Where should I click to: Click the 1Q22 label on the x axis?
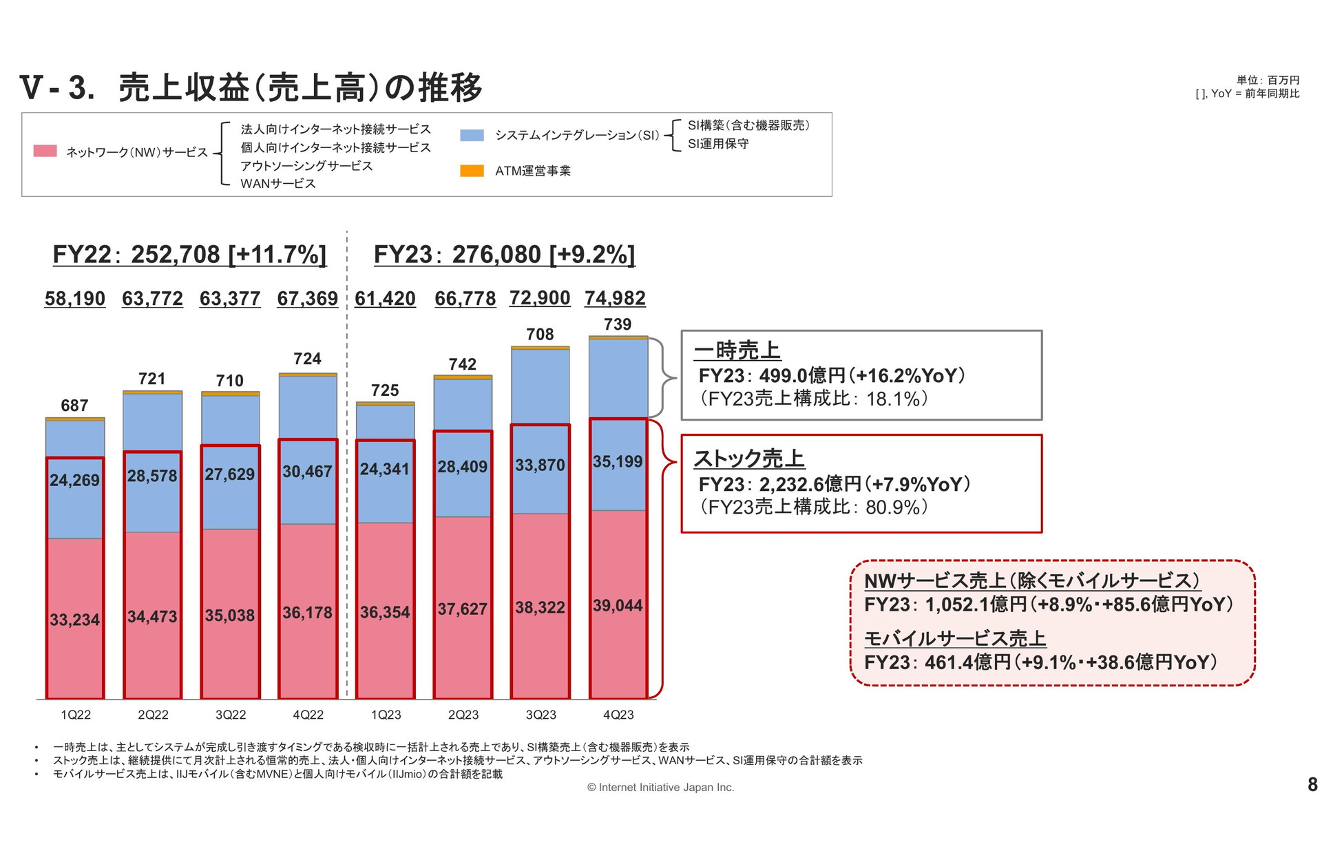(76, 715)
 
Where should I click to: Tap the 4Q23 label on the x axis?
(618, 715)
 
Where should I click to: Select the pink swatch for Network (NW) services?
(45, 151)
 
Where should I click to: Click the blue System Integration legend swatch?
(472, 135)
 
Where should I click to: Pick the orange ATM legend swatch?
(472, 171)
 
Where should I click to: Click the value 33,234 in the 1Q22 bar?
(74, 620)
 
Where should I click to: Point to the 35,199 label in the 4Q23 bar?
(618, 461)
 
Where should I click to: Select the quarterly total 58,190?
(75, 299)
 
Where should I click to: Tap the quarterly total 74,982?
(615, 298)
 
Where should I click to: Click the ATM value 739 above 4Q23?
(618, 324)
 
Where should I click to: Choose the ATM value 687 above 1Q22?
(74, 406)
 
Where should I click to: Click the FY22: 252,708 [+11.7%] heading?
(189, 255)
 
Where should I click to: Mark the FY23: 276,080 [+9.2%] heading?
(504, 255)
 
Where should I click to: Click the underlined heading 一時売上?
(737, 350)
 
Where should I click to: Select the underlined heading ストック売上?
(749, 459)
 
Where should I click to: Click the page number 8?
(1312, 784)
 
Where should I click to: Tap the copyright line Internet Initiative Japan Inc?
(661, 787)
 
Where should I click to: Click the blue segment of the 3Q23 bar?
(541, 386)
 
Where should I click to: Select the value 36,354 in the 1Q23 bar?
(385, 612)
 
